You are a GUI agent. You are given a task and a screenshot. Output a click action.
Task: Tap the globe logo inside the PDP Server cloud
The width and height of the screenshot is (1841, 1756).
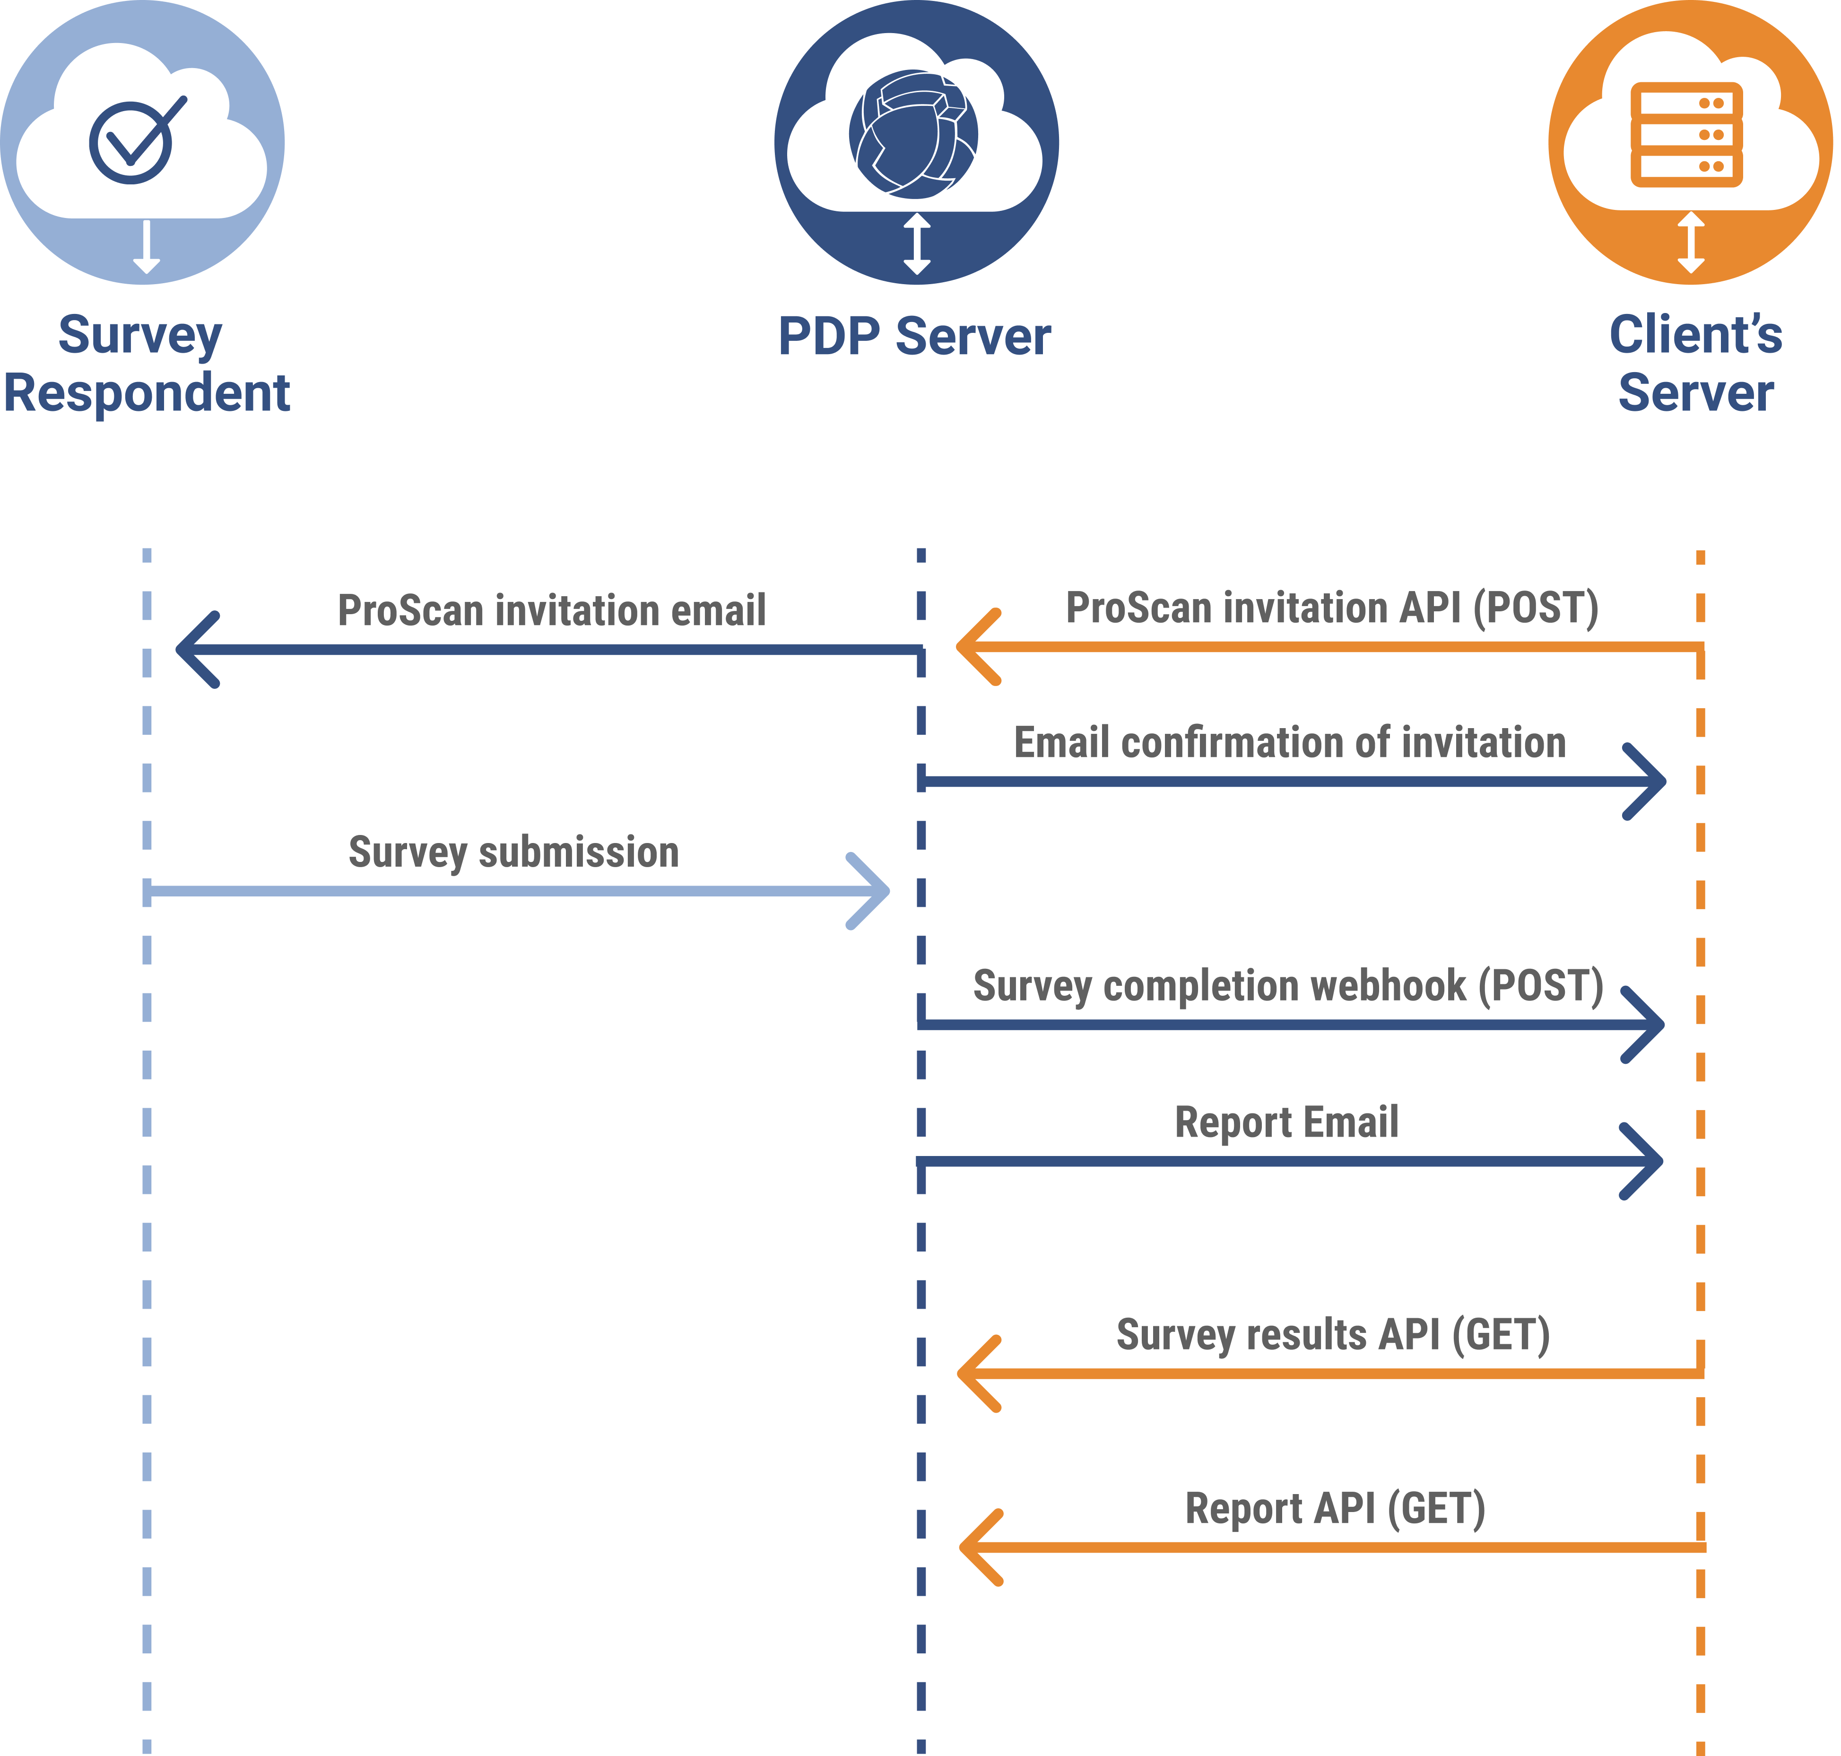913,134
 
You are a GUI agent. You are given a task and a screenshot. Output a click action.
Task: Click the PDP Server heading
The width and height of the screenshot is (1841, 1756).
914,337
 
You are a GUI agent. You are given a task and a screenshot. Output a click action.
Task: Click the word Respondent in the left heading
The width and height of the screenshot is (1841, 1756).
147,393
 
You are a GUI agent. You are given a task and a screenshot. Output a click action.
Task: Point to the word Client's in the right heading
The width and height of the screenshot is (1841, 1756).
1695,335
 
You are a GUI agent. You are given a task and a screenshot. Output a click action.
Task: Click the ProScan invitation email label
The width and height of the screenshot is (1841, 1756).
551,610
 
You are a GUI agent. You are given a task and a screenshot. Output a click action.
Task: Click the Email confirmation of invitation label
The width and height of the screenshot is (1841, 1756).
1290,743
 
